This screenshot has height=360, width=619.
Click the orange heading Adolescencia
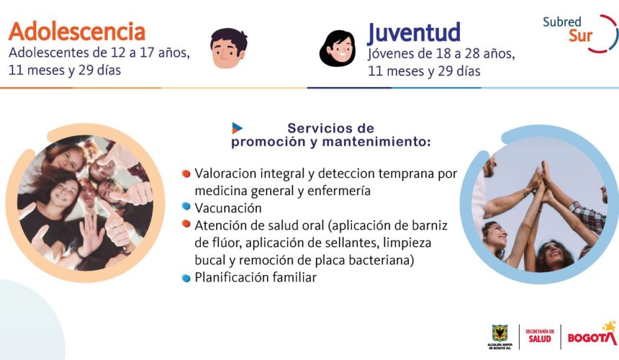[x=77, y=32]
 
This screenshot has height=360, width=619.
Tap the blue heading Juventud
[x=414, y=33]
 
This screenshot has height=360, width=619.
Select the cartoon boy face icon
[x=229, y=48]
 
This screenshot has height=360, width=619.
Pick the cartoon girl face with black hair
[x=338, y=48]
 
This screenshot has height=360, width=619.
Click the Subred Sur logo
[x=579, y=34]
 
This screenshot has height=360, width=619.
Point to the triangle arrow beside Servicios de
[x=237, y=128]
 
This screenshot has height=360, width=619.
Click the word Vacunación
[x=227, y=208]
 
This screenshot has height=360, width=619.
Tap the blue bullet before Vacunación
[x=186, y=206]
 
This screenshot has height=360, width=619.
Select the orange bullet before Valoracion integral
[x=186, y=174]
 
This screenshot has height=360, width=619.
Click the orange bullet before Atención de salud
[x=186, y=224]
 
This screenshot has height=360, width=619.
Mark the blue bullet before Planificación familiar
[x=186, y=278]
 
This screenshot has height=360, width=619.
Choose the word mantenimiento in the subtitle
[x=376, y=142]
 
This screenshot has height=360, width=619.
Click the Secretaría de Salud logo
[x=540, y=336]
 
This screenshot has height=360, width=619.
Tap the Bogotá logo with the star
[x=592, y=334]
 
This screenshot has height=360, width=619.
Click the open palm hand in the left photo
[x=91, y=234]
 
